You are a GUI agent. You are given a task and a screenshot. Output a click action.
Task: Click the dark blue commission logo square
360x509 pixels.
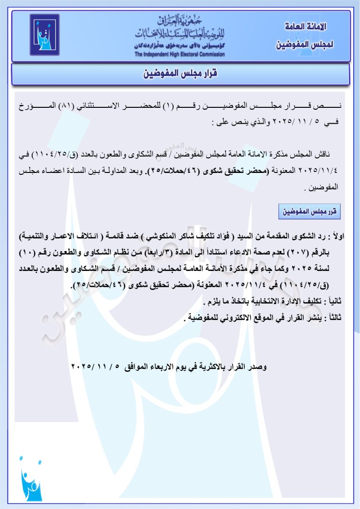coord(45,35)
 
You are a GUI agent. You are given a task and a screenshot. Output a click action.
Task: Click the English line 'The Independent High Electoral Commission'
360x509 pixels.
coord(180,54)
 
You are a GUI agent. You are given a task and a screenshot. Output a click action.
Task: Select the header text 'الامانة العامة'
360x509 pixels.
coord(306,27)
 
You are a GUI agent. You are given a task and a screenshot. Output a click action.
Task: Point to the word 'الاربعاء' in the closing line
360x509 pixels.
coord(158,365)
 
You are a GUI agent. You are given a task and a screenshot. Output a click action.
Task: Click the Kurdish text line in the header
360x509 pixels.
coord(180,46)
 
